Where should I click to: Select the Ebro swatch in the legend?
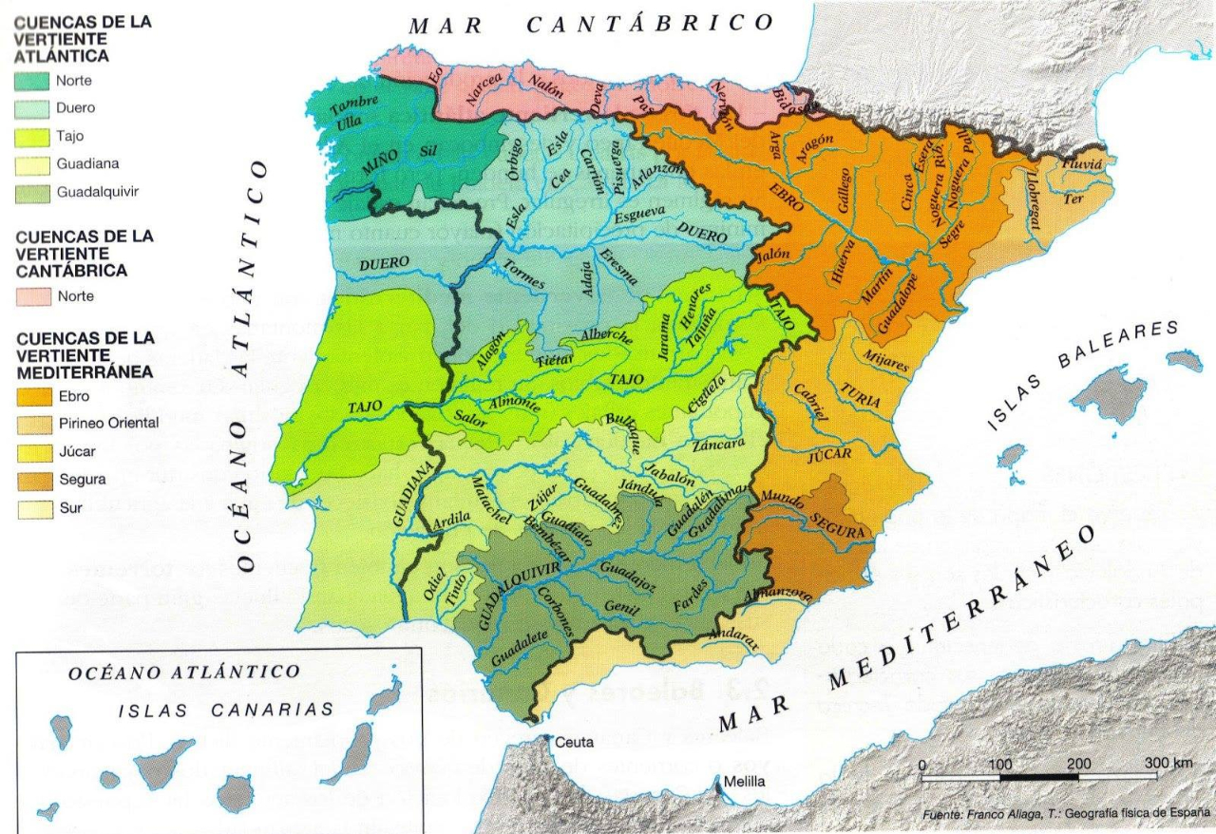click(32, 395)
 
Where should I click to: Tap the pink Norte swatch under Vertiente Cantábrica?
click(32, 296)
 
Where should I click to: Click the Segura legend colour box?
click(32, 479)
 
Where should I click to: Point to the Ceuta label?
click(573, 742)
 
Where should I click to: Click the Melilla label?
click(744, 783)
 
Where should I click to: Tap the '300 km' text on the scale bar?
click(1168, 764)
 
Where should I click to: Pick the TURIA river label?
click(861, 396)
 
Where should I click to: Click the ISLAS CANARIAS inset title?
click(226, 709)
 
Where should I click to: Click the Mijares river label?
click(885, 360)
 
